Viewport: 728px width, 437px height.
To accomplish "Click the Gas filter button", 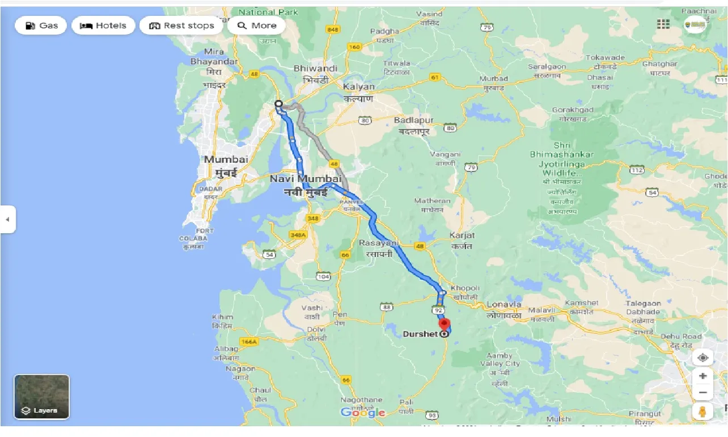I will [x=40, y=26].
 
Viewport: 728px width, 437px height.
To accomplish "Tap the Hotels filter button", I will [x=103, y=26].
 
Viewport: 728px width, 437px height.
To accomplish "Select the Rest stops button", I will [x=181, y=26].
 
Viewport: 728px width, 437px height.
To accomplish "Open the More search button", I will [x=256, y=26].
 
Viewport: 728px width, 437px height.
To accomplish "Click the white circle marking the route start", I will [x=278, y=104].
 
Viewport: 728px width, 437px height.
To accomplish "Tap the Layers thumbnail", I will [x=41, y=397].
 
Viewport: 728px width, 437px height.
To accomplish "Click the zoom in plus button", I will [x=703, y=376].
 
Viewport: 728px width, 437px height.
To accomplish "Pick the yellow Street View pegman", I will [x=703, y=411].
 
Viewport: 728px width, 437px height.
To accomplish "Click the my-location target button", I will [x=703, y=358].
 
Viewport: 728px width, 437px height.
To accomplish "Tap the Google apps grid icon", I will [x=663, y=24].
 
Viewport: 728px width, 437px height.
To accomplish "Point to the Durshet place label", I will [x=420, y=334].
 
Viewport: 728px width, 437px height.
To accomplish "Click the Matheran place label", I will [x=432, y=201].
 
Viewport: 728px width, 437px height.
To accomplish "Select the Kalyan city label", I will [x=359, y=87].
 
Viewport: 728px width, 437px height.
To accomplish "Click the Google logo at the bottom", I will [x=363, y=413].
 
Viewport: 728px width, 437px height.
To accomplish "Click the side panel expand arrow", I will [x=7, y=219].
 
